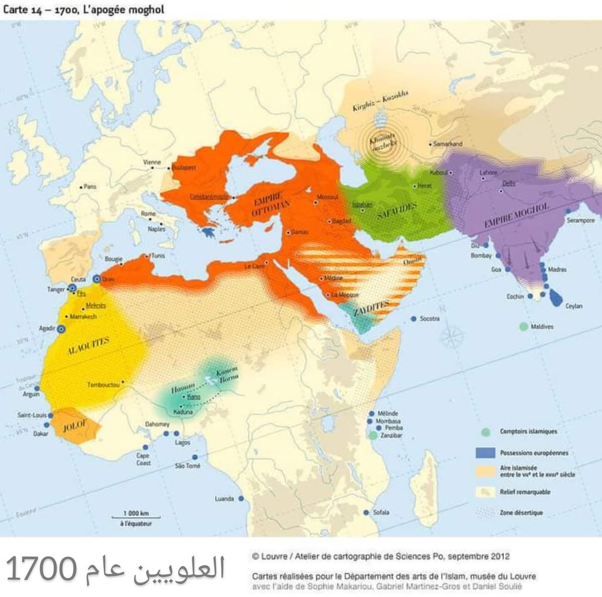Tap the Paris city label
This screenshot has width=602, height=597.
[90, 187]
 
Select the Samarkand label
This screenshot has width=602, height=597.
[447, 144]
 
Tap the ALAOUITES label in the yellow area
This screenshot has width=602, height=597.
[88, 345]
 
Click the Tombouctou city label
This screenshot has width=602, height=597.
[103, 385]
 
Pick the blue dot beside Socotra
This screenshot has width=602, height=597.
[413, 319]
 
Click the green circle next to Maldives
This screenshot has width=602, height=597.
[523, 327]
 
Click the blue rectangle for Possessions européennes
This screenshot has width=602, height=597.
[485, 453]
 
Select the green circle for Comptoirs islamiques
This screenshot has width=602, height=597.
[485, 431]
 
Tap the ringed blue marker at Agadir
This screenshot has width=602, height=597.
[61, 329]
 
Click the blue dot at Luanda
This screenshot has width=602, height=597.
[241, 499]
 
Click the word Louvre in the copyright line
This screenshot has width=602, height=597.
[274, 556]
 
